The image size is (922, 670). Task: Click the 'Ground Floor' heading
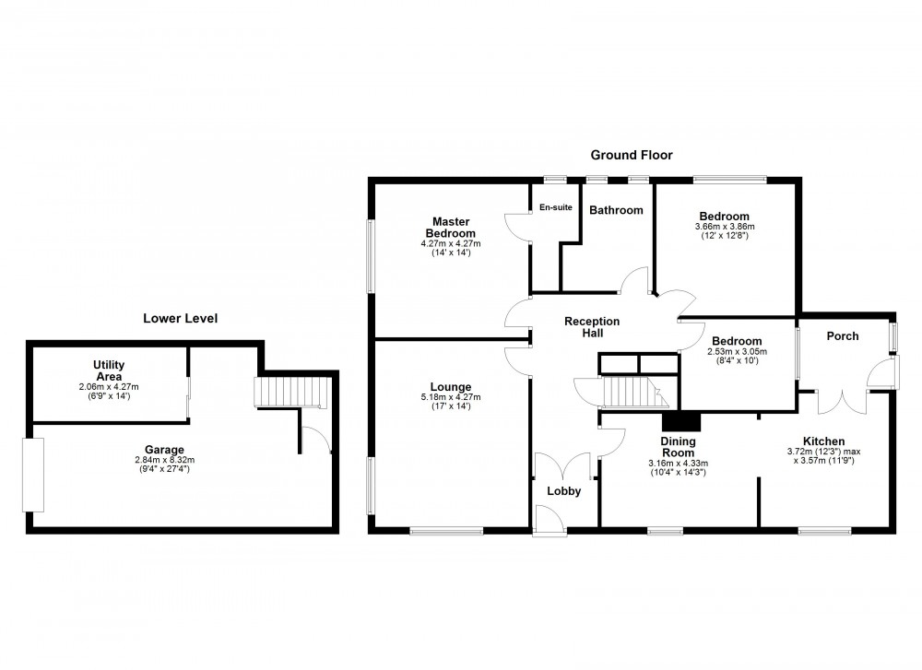[632, 156]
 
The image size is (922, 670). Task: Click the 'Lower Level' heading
[180, 319]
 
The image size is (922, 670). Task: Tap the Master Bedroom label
[452, 228]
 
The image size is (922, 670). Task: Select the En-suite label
[555, 207]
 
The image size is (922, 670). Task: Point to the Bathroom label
[616, 210]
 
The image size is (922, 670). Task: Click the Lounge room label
[450, 387]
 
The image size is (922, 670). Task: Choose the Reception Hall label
[592, 327]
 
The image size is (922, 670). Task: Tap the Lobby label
[564, 491]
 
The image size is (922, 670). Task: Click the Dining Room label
[678, 447]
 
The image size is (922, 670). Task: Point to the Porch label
[842, 336]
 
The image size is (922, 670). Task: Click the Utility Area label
[109, 371]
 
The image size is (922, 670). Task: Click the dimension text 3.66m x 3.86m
[724, 226]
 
